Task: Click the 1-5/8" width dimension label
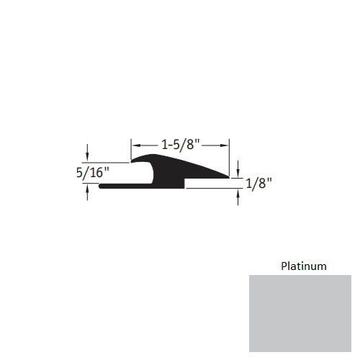179,144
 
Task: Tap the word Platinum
303,266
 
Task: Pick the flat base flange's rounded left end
102,186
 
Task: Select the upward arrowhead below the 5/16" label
88,189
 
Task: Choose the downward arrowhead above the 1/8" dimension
238,171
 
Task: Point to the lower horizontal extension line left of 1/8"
213,189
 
